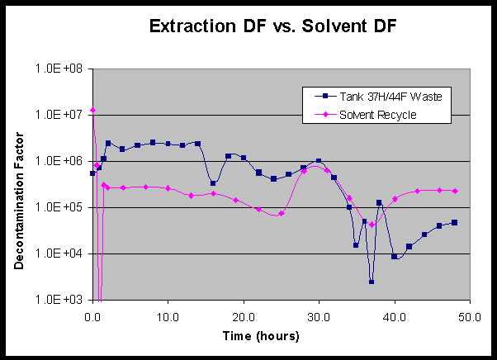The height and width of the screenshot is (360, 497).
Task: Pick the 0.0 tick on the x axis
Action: (92, 315)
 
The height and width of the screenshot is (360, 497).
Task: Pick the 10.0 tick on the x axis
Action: (168, 315)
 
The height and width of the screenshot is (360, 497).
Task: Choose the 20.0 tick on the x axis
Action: (244, 315)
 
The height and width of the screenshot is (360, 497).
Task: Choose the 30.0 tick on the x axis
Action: (319, 315)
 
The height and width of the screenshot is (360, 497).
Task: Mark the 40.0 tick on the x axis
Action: (395, 315)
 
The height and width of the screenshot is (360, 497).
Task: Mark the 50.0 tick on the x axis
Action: (470, 315)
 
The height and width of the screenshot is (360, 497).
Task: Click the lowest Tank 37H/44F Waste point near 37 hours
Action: (372, 282)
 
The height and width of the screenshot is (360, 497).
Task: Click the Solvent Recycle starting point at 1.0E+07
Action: (93, 110)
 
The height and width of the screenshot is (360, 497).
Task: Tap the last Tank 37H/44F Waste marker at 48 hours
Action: (455, 222)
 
